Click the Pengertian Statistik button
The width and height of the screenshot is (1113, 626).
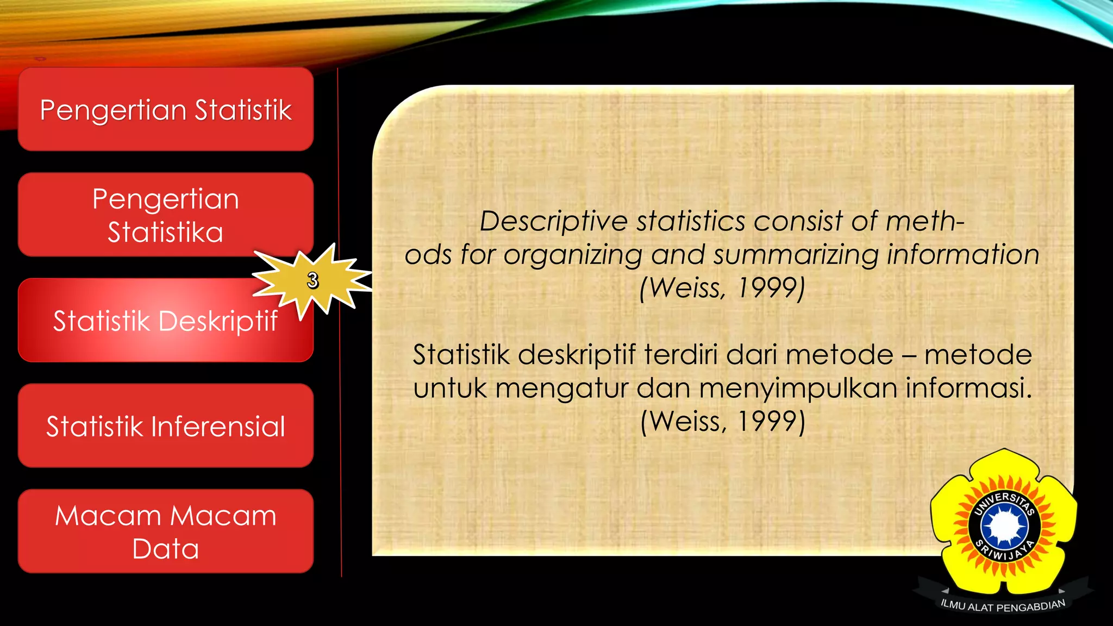tap(165, 110)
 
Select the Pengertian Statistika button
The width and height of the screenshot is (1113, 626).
tap(165, 215)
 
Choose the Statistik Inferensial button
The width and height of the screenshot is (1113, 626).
tap(165, 426)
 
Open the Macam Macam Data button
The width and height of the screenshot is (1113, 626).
tap(165, 531)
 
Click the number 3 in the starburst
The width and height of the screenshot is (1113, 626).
tap(312, 280)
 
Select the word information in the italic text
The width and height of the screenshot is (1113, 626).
tap(963, 254)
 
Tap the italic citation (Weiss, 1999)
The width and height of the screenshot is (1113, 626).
tap(722, 287)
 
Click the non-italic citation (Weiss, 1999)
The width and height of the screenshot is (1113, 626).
tap(722, 421)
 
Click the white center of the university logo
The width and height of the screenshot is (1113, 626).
tap(1004, 525)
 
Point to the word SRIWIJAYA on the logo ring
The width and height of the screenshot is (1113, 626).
tap(1004, 552)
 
